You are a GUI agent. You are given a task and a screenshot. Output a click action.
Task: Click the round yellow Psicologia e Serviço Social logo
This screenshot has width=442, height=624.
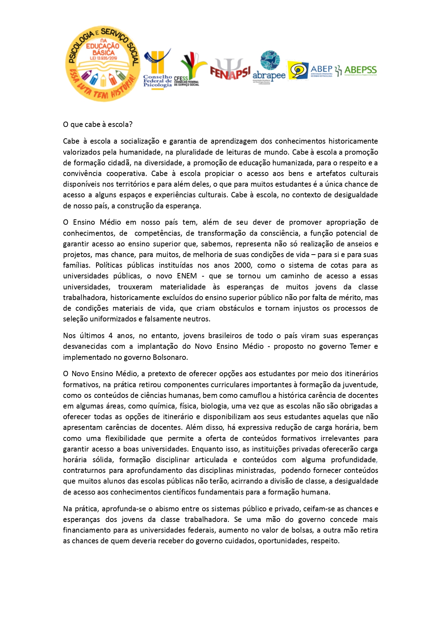tap(102, 64)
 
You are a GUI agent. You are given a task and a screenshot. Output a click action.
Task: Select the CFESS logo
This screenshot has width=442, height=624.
tap(189, 69)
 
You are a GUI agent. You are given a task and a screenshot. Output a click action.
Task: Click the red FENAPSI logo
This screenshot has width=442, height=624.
tap(230, 69)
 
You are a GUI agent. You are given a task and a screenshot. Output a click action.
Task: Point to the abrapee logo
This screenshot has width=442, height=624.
tap(269, 68)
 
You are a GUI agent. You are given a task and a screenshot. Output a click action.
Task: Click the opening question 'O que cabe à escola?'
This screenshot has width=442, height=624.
tap(98, 124)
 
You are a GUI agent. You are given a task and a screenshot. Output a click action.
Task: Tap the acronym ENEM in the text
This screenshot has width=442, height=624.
tap(187, 276)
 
